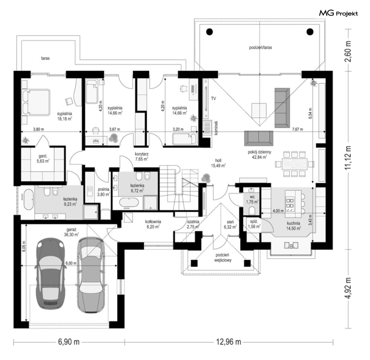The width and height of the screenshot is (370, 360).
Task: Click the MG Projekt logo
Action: [338, 13]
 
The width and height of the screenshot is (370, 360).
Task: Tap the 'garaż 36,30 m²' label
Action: [71, 232]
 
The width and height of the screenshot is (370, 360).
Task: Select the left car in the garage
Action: [50, 273]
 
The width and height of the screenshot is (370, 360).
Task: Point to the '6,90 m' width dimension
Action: [69, 342]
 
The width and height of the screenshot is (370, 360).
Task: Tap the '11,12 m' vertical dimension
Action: [348, 158]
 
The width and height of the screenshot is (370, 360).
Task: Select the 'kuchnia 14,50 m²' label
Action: [293, 226]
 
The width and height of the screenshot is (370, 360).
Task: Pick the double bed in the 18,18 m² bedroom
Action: [36, 102]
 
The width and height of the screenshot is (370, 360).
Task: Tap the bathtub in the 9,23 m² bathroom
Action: [28, 199]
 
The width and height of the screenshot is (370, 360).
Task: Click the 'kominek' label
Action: [216, 128]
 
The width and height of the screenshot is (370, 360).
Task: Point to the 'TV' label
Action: [213, 98]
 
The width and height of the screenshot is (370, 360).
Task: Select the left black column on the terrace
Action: [209, 32]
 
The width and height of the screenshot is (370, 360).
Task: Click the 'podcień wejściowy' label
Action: [222, 258]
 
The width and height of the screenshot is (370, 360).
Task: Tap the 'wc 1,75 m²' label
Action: [252, 199]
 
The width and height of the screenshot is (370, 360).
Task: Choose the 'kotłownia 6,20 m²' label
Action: [153, 224]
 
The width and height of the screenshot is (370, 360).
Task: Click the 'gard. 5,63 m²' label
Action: [43, 158]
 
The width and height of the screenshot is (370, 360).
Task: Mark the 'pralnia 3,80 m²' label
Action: [103, 192]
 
